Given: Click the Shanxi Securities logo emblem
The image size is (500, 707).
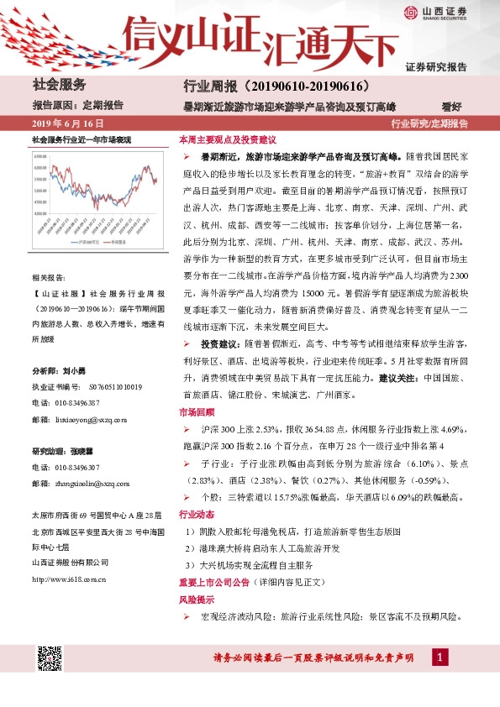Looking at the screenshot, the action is click(x=409, y=12).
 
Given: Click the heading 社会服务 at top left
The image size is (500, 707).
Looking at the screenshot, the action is click(x=59, y=85).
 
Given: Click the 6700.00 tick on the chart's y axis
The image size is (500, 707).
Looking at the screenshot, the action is click(x=41, y=156).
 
